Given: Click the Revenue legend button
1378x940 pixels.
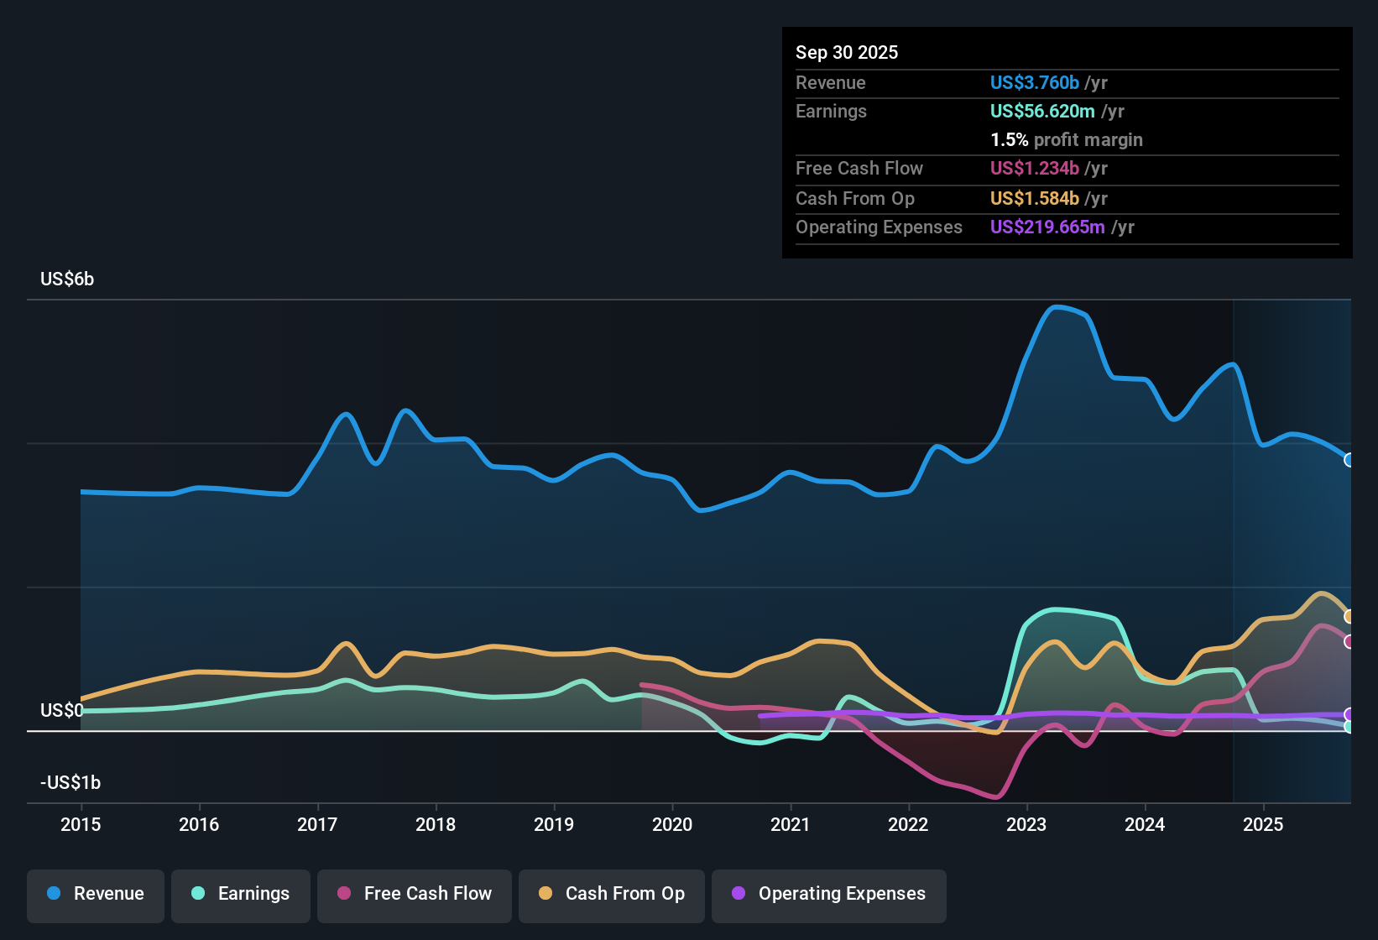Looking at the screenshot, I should [96, 894].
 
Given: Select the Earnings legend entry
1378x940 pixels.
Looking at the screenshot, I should [241, 894].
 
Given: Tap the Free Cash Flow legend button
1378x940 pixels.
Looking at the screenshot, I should [415, 894].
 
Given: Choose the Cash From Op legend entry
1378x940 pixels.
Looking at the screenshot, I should [612, 894].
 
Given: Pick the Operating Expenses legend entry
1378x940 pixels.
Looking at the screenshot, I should [829, 894].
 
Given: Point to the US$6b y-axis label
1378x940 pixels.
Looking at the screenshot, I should [67, 279].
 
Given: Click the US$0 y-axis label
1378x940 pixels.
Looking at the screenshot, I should [61, 711].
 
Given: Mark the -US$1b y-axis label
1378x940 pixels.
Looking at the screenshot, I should [70, 783].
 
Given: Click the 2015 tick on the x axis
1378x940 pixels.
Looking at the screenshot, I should [81, 825].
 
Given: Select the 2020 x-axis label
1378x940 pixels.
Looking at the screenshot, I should [672, 825].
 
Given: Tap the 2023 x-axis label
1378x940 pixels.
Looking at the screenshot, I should [1026, 825].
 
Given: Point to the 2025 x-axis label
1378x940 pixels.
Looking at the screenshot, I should [1263, 825].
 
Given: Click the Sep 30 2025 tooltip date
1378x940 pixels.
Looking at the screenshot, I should [847, 53].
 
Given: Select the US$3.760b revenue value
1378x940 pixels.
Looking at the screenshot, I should [1034, 83].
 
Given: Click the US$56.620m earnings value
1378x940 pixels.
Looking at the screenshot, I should [1042, 112].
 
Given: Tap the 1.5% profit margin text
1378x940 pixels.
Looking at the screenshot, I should [1067, 140].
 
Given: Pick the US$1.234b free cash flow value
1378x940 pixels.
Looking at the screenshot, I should [1034, 169].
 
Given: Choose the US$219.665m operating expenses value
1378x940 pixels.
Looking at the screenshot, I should [1047, 227].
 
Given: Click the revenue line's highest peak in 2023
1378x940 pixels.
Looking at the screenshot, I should [1056, 307].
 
